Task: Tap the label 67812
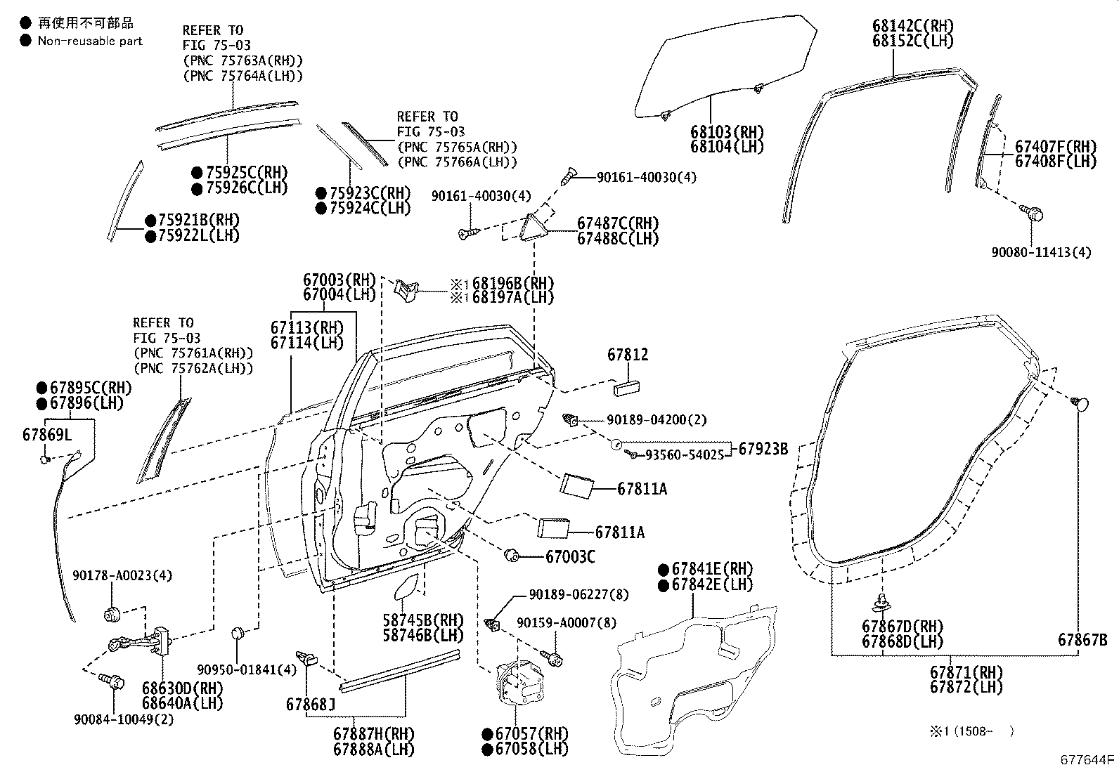coord(628,355)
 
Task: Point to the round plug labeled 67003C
coord(513,557)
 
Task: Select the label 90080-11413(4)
coord(1041,253)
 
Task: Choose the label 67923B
coord(763,449)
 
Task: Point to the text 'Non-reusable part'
coord(90,41)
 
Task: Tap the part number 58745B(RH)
coord(423,620)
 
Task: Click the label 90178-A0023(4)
coord(122,576)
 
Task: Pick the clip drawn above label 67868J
coord(307,659)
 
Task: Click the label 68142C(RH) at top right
coord(913,26)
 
